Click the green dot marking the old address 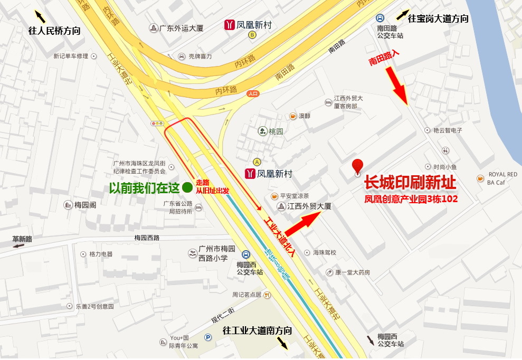[187, 187]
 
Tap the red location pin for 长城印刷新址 [358, 166]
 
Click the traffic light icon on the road [157, 123]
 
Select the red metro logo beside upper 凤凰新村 [229, 25]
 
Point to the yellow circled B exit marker [252, 35]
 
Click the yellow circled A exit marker [257, 162]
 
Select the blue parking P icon [207, 338]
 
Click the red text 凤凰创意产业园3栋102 [411, 200]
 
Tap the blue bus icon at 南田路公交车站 [381, 18]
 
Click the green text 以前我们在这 [145, 187]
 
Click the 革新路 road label [22, 239]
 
